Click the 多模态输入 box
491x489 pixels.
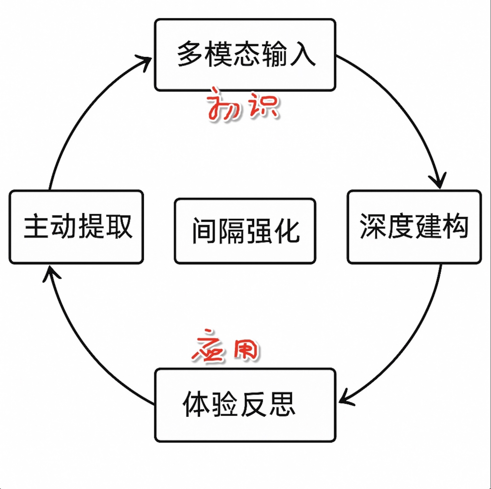tap(245, 54)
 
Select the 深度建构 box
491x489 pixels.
tap(414, 227)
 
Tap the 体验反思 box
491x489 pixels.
tap(245, 405)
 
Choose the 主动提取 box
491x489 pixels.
tap(76, 227)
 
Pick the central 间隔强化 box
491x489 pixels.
tap(245, 231)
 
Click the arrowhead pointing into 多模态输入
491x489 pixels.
tap(146, 61)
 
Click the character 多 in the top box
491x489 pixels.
tap(188, 54)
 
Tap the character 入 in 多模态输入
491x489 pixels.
tap(303, 54)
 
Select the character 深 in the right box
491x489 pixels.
tap(373, 227)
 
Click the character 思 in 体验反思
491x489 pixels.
tap(283, 405)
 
